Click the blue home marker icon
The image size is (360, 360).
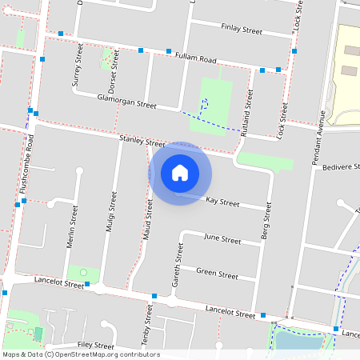(180, 172)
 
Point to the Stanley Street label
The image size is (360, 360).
(142, 141)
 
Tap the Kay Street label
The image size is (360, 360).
(222, 202)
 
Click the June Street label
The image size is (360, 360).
(222, 239)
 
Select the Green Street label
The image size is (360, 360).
(217, 274)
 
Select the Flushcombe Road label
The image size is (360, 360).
(31, 163)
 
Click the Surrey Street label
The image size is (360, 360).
(78, 65)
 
